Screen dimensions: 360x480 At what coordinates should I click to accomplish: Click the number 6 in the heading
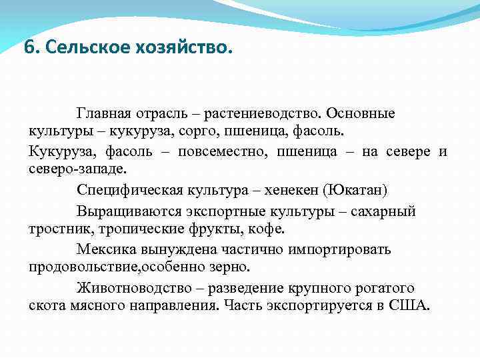click(27, 49)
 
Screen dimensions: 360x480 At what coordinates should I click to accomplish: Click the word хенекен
click(289, 190)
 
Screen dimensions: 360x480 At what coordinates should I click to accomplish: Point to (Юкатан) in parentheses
click(353, 190)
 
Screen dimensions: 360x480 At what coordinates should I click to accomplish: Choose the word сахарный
click(385, 212)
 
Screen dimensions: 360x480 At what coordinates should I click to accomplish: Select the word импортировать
click(340, 250)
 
